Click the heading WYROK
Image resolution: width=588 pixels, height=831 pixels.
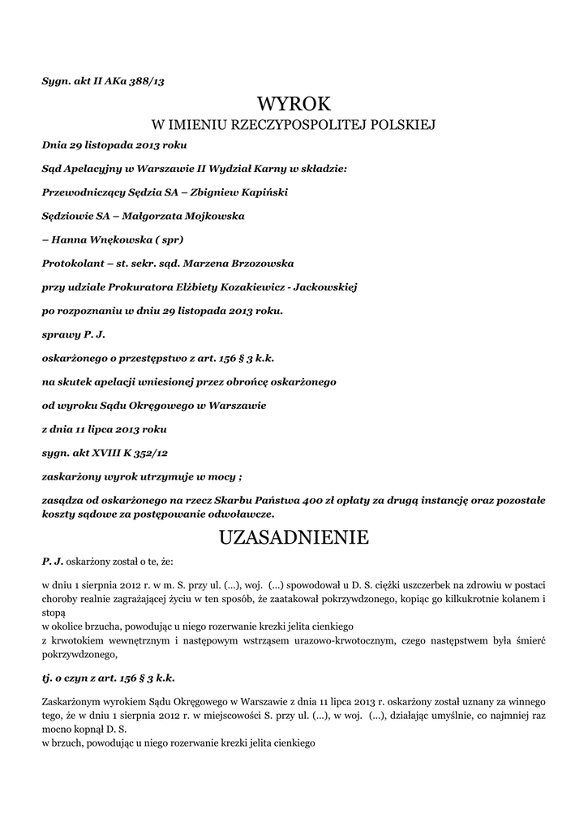(294, 104)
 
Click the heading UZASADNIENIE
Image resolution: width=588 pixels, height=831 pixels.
(294, 538)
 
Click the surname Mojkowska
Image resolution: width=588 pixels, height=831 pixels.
(204, 217)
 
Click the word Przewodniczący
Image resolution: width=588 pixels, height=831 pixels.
(82, 193)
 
